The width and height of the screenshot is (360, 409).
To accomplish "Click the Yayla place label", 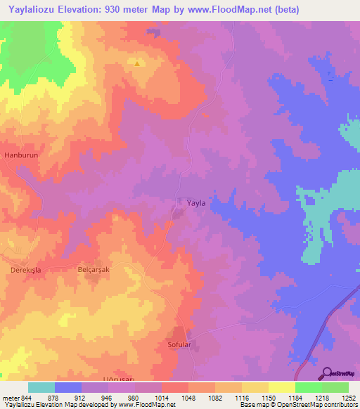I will pos(196,202).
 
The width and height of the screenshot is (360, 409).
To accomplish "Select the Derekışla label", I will pos(19,269).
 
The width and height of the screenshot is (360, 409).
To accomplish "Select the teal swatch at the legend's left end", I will pos(41,387).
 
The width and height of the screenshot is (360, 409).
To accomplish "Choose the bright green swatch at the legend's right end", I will pos(335,387).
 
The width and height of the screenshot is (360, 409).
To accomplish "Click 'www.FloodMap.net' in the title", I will pos(214,9).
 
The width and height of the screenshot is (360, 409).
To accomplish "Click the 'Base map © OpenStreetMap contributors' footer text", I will pos(298,405).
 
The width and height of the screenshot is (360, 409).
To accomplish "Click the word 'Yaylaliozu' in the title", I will pos(32,9).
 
